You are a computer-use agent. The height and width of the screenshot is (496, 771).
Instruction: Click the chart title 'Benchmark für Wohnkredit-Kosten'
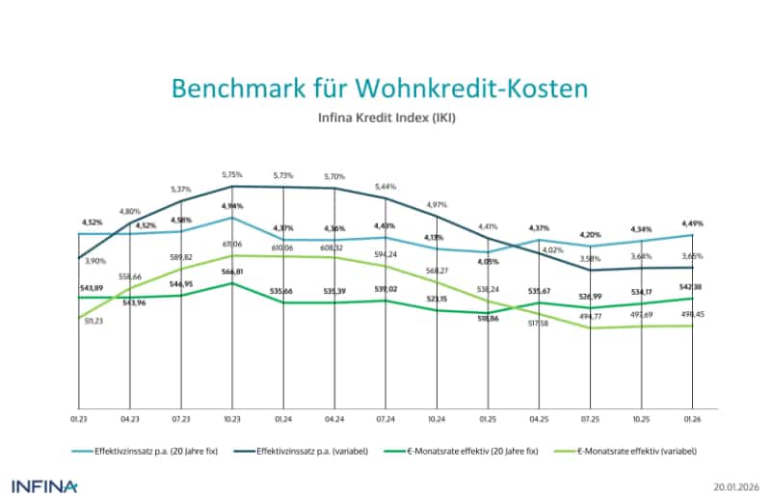point(378,89)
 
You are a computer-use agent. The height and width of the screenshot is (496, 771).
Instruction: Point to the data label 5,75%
point(231,174)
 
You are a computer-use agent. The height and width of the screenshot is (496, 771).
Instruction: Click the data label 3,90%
point(93,260)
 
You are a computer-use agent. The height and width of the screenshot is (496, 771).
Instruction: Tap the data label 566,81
point(231,273)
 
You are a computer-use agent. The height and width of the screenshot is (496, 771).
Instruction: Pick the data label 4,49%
point(693,224)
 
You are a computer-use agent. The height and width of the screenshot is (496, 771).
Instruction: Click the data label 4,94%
point(231,206)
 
